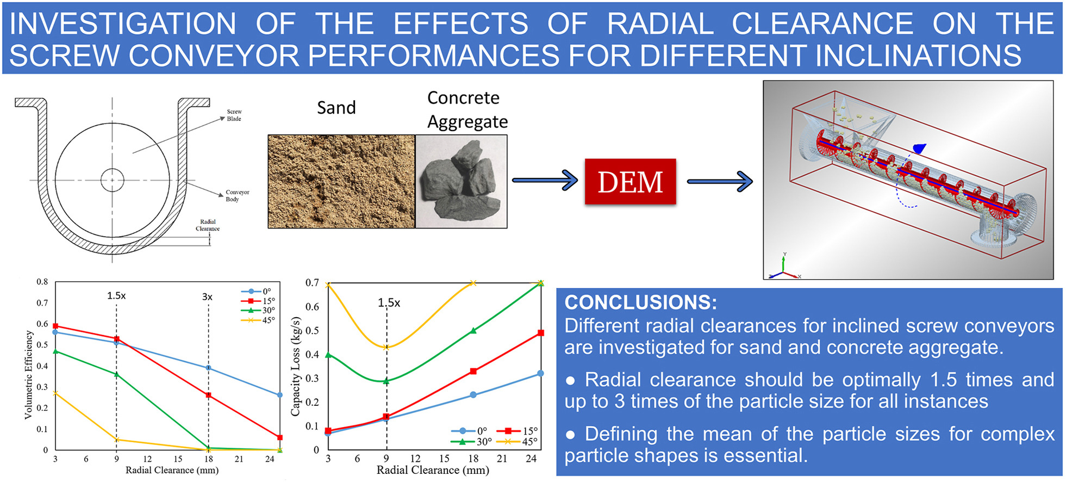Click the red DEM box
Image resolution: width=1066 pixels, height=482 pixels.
pyautogui.click(x=630, y=182)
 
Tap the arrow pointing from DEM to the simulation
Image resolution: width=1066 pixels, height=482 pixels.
pyautogui.click(x=720, y=181)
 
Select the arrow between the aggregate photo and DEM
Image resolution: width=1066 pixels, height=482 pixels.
pyautogui.click(x=545, y=180)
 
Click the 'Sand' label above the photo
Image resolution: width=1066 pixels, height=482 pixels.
pyautogui.click(x=336, y=107)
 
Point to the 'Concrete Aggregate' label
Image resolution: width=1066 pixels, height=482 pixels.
pyautogui.click(x=467, y=109)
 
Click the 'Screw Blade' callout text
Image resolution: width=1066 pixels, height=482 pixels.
pyautogui.click(x=234, y=115)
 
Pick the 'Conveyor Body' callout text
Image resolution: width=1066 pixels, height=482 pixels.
pyautogui.click(x=238, y=195)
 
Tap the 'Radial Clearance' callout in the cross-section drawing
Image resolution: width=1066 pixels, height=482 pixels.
pyautogui.click(x=208, y=225)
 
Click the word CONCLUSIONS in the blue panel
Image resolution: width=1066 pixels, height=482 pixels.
pyautogui.click(x=641, y=302)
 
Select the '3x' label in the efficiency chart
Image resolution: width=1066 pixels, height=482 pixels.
pyautogui.click(x=207, y=297)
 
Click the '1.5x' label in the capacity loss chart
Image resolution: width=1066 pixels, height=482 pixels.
pyautogui.click(x=389, y=302)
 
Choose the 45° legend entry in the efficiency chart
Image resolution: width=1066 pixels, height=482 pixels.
pyautogui.click(x=258, y=320)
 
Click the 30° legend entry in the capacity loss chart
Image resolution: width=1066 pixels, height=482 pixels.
pyautogui.click(x=471, y=442)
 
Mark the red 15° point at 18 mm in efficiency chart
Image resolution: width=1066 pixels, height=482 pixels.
pyautogui.click(x=209, y=396)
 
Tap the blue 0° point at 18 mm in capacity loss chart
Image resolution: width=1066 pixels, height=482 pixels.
pyautogui.click(x=473, y=395)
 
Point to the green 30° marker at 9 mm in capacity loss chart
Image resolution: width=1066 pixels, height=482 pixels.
pyautogui.click(x=386, y=381)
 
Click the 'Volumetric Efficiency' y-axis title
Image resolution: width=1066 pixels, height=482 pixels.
pyautogui.click(x=28, y=375)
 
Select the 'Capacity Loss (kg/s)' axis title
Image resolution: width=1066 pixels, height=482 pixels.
pyautogui.click(x=295, y=366)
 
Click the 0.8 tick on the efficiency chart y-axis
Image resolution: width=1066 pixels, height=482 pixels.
pyautogui.click(x=42, y=282)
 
